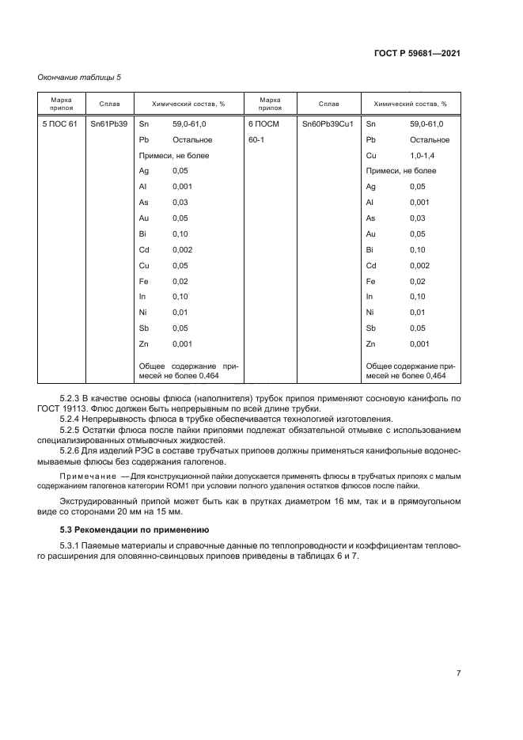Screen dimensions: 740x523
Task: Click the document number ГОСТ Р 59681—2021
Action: click(417, 54)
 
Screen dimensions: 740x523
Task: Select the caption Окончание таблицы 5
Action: click(80, 77)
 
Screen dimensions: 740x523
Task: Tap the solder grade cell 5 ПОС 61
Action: click(59, 124)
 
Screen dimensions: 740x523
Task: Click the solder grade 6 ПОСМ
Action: click(265, 124)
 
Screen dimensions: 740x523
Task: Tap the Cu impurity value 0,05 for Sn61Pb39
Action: click(180, 265)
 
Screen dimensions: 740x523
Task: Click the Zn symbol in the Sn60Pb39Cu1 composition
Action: click(370, 343)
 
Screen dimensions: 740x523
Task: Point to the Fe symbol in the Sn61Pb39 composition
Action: click(143, 280)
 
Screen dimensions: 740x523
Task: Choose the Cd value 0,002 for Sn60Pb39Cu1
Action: click(419, 265)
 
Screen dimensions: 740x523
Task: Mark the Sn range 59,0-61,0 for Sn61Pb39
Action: click(190, 124)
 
